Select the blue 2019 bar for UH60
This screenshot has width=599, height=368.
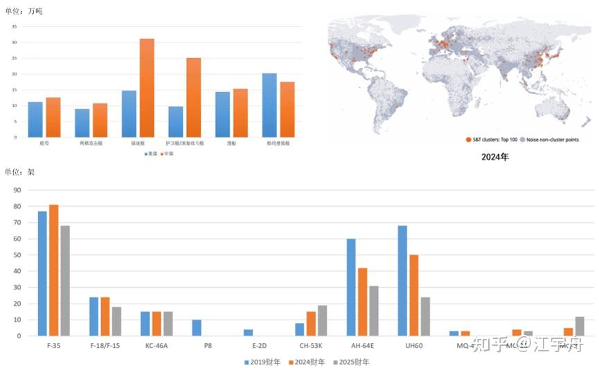click(x=402, y=280)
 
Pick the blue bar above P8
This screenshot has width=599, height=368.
click(x=197, y=327)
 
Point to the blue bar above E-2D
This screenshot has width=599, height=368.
click(x=248, y=333)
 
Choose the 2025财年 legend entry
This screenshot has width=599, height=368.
click(x=352, y=362)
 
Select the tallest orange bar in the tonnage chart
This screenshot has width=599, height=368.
click(x=146, y=88)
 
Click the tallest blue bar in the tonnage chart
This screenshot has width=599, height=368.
click(x=269, y=105)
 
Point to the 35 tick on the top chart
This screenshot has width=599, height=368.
click(x=15, y=26)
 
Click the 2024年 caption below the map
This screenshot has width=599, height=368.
click(x=494, y=157)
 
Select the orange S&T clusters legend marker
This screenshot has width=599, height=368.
click(x=469, y=140)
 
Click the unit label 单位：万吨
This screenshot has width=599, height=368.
click(x=24, y=11)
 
